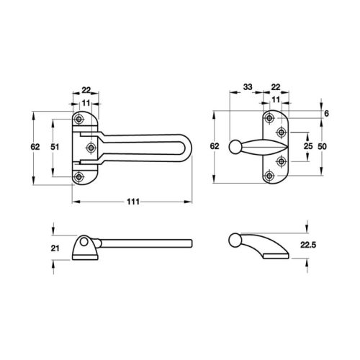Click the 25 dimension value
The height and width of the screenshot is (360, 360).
pyautogui.click(x=308, y=147)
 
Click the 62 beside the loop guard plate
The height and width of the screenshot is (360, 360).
pyautogui.click(x=35, y=147)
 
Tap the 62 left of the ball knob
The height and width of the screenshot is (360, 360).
pyautogui.click(x=215, y=147)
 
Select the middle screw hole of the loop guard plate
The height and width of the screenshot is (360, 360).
pyautogui.click(x=91, y=148)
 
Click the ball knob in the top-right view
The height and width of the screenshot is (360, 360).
pyautogui.click(x=234, y=147)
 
